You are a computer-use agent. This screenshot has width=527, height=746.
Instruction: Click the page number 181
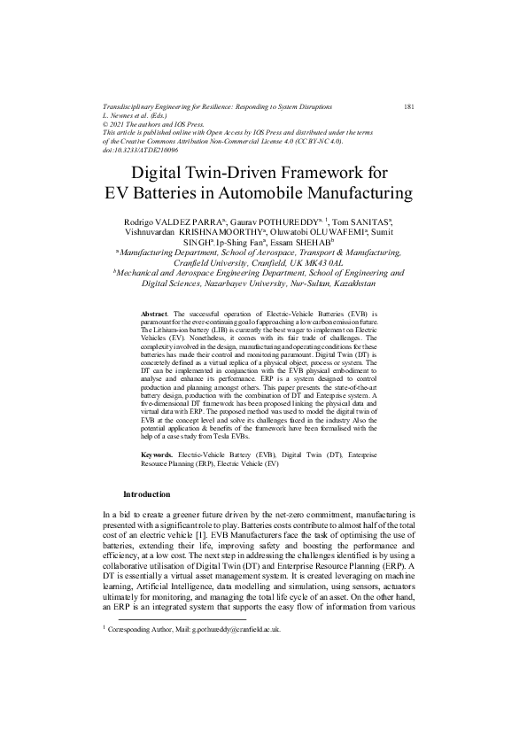click(409, 106)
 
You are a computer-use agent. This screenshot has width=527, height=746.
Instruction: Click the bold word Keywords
click(157, 455)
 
